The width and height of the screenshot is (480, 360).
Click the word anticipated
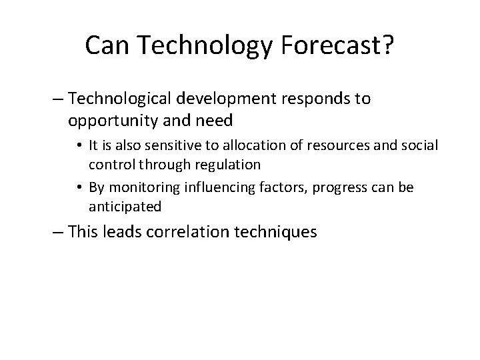click(x=133, y=206)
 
